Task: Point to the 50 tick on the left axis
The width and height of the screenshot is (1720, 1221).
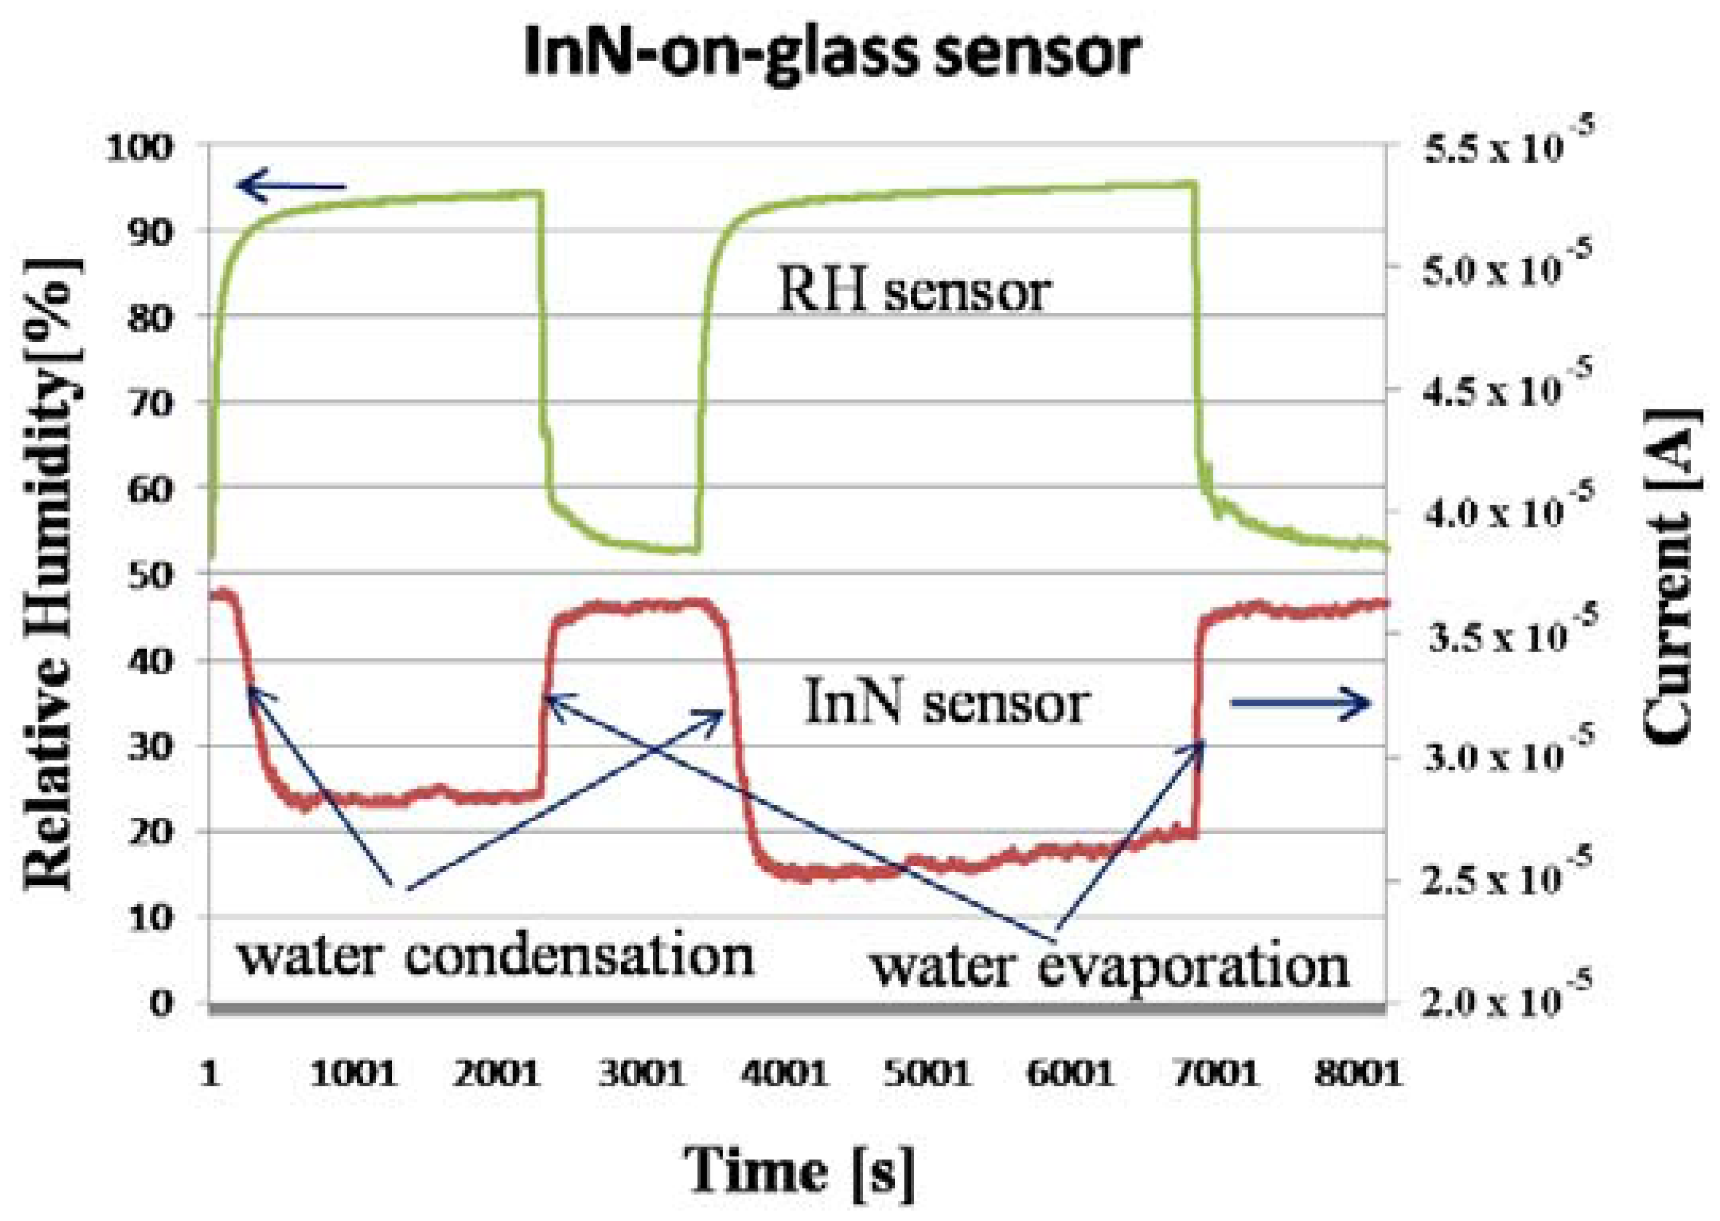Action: (x=150, y=575)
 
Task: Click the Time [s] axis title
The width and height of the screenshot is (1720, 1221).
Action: (x=799, y=1170)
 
